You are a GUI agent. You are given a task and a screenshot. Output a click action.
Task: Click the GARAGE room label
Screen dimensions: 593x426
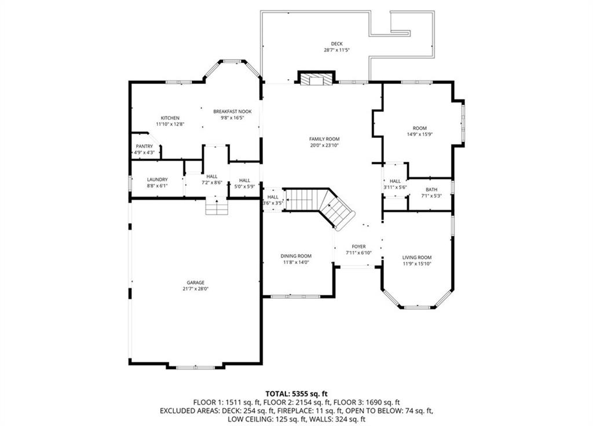point(196,282)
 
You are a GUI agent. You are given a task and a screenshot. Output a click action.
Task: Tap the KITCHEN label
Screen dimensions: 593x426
point(170,118)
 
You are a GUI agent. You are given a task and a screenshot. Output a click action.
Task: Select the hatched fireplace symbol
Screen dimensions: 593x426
point(317,80)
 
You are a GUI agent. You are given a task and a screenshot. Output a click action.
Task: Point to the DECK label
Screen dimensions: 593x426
point(336,44)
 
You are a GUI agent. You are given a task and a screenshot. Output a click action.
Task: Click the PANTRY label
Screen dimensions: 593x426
point(144,146)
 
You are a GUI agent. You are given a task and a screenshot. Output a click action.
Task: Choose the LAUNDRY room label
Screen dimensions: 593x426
point(158,179)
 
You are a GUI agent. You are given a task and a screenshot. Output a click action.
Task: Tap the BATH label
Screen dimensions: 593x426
point(431,190)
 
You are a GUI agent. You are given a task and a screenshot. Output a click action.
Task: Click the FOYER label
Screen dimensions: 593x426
point(359,247)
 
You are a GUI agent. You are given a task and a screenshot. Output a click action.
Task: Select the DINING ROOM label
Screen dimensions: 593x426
point(296,256)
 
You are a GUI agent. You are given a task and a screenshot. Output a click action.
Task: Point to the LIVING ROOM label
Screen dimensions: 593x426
point(417,258)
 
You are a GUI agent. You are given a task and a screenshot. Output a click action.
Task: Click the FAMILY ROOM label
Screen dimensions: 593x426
point(324,139)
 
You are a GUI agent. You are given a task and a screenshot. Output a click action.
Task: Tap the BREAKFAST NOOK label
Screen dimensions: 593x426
point(233,112)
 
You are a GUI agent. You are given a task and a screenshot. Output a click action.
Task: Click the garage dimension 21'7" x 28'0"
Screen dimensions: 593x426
point(196,288)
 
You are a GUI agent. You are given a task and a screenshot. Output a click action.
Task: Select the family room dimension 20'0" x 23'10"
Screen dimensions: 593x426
point(324,145)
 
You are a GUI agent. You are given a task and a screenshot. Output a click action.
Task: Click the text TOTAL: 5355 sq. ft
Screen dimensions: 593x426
point(296,394)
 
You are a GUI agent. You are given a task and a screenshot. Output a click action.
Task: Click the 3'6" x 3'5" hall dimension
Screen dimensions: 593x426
point(273,203)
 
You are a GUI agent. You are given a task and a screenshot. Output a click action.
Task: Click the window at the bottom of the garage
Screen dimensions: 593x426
point(196,367)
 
